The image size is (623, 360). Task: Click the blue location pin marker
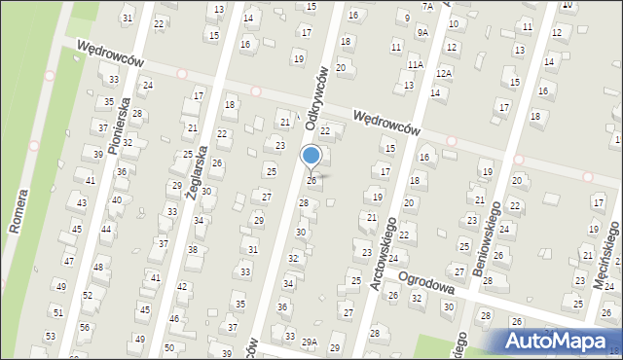click(311, 157)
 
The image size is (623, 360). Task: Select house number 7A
click(426, 6)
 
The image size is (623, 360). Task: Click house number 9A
click(422, 32)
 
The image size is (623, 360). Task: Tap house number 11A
click(416, 64)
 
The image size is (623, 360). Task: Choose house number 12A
click(444, 73)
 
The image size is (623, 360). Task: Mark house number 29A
click(310, 342)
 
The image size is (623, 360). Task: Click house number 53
click(50, 336)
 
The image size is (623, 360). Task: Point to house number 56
click(85, 327)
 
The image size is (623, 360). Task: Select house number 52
click(87, 295)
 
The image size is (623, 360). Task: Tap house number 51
click(57, 312)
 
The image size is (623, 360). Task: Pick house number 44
click(106, 230)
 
